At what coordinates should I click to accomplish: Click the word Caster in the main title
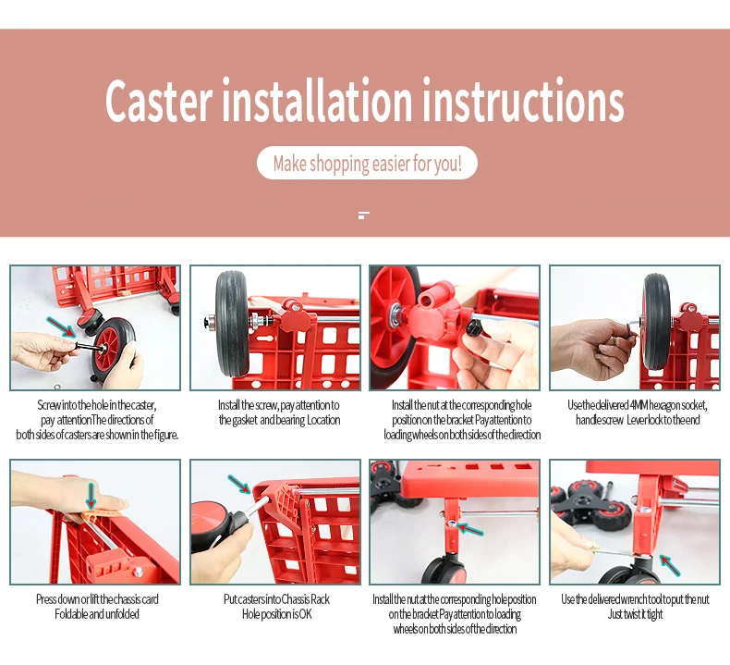pos(159,102)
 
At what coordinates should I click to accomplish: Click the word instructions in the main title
pos(523,100)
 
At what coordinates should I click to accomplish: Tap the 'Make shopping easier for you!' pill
pos(367,163)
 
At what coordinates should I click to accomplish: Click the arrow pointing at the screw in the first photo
pos(61,326)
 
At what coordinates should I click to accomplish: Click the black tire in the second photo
pos(232,323)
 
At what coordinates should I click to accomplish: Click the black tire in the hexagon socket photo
pos(655,323)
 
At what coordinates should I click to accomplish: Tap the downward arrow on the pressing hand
pos(91,496)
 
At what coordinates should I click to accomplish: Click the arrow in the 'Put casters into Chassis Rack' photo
pos(239,484)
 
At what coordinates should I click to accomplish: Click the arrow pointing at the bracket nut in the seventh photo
pos(469,529)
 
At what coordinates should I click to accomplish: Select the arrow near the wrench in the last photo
pos(670,565)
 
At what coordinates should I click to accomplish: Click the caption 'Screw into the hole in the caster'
pos(97,405)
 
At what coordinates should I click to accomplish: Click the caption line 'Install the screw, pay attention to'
pos(278,405)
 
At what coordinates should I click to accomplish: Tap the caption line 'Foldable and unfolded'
pos(97,614)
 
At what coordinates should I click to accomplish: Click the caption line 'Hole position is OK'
pos(277,614)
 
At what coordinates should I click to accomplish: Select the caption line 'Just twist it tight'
pos(635,614)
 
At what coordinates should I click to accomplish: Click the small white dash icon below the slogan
pos(363,216)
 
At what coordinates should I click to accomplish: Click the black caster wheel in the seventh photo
pos(444,570)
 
